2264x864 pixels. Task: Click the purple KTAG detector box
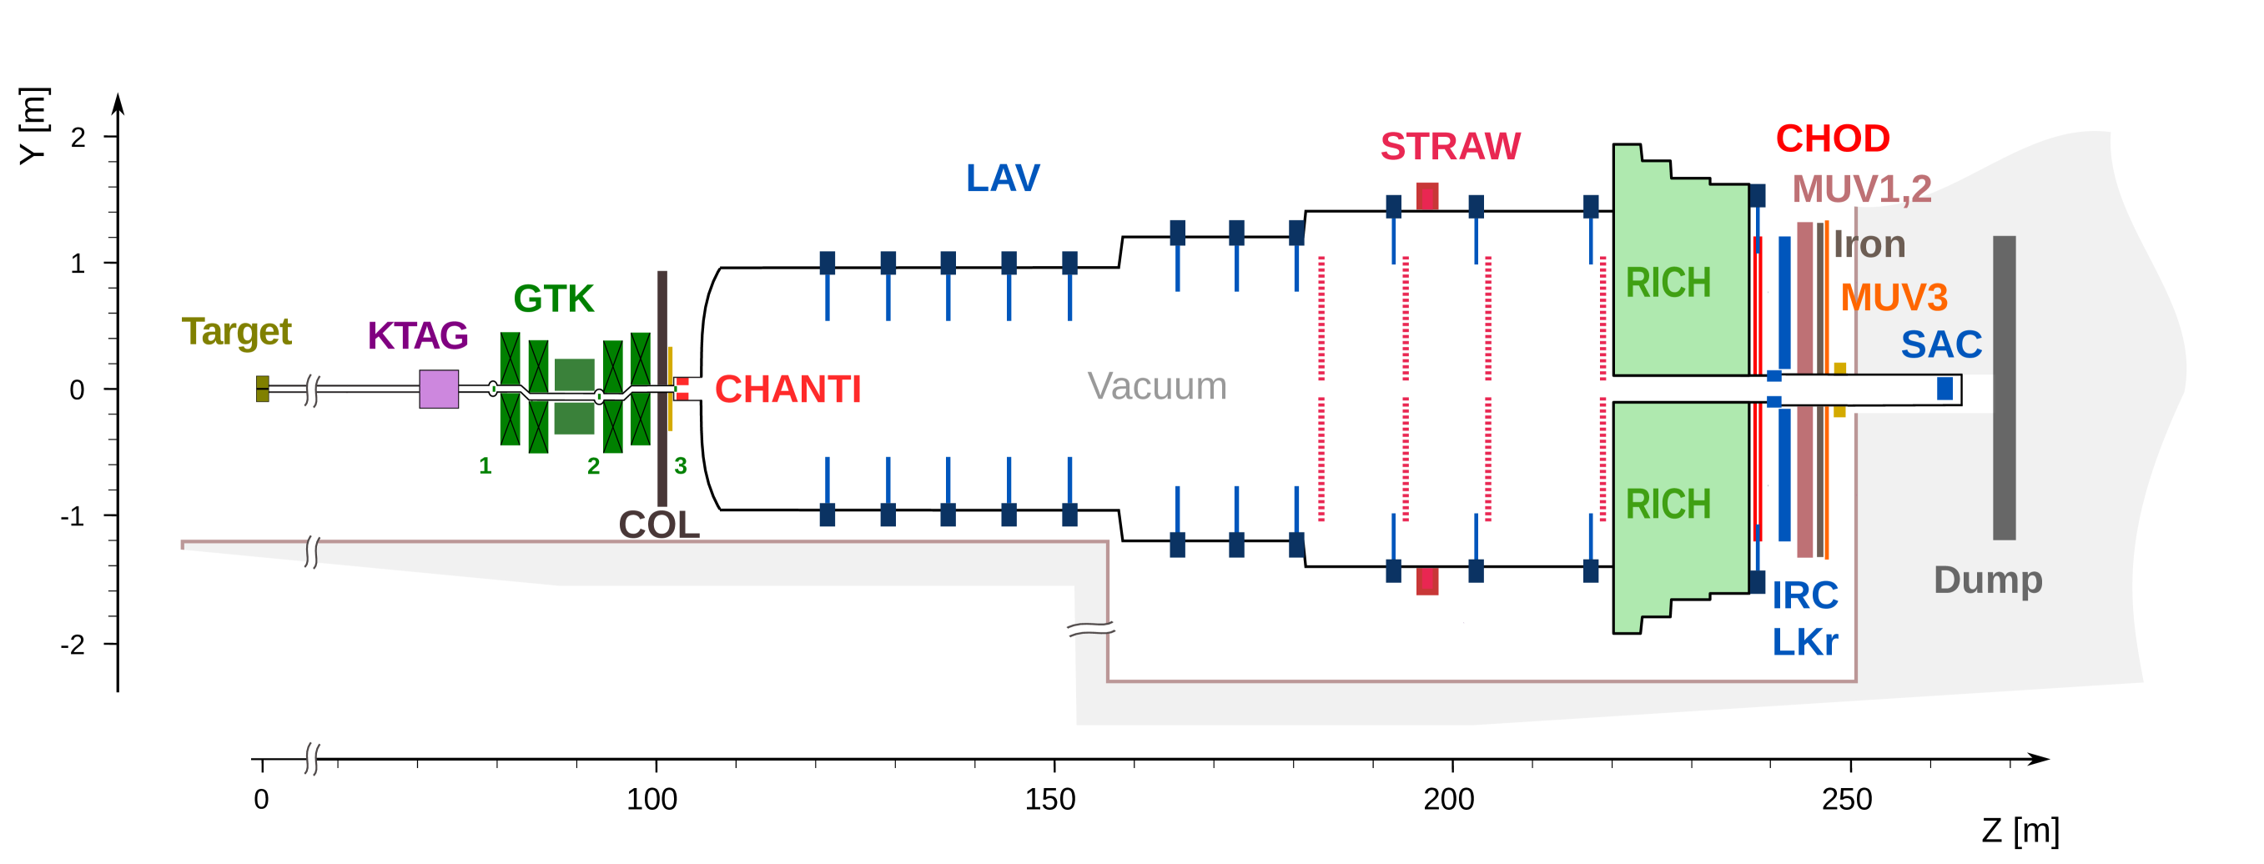point(439,389)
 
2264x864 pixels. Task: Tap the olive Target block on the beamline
point(262,389)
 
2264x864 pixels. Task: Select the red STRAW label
point(1450,146)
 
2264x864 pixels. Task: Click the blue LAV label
point(1003,178)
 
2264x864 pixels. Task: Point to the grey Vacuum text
point(1156,386)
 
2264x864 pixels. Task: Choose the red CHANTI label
point(787,389)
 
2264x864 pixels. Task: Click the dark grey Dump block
point(2004,387)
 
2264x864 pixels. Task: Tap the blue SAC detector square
point(1945,389)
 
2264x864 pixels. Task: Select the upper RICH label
point(1668,283)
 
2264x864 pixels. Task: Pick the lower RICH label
point(1668,505)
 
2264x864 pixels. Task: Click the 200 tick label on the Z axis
point(1448,799)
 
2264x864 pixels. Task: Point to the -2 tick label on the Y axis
point(73,645)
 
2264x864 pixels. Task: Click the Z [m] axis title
point(2020,830)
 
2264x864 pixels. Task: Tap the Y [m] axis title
point(33,126)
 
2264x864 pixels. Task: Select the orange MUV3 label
point(1894,297)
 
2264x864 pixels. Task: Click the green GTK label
point(554,299)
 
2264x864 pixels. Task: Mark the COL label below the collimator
point(659,525)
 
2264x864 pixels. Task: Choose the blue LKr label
point(1804,642)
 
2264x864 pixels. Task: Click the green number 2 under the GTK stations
point(593,466)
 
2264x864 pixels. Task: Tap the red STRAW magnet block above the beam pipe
point(1427,196)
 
